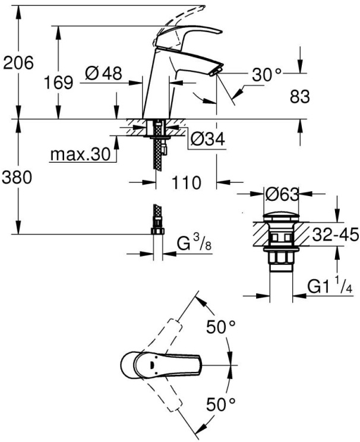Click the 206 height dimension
point(18,62)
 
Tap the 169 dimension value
point(59,83)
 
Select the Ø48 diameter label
point(104,74)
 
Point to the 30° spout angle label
point(266,74)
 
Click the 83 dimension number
point(299,97)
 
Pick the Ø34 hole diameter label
point(208,139)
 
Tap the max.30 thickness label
point(80,154)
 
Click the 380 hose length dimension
point(17,178)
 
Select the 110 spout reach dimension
point(186,182)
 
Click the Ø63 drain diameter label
point(282,194)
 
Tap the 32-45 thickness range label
point(335,235)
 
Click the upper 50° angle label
point(221,327)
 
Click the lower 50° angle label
point(221,404)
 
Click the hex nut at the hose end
point(157,231)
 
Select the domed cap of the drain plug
point(281,217)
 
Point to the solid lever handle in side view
point(188,35)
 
